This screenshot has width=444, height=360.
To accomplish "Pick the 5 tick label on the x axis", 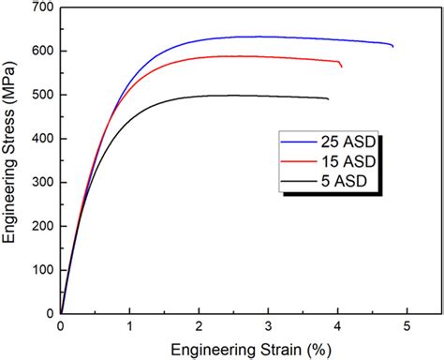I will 407,326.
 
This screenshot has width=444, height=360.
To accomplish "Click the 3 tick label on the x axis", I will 269,326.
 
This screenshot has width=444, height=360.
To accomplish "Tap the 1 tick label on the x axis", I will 130,326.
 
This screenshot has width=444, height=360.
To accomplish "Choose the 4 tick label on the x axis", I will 338,326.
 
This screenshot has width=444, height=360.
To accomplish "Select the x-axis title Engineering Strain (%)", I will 234,348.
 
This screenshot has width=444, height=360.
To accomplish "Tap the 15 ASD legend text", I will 351,161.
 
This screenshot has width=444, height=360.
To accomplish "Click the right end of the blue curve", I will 392,46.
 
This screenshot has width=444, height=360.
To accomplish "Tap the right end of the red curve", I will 341,67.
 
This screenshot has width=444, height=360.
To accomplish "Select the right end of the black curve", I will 328,98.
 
